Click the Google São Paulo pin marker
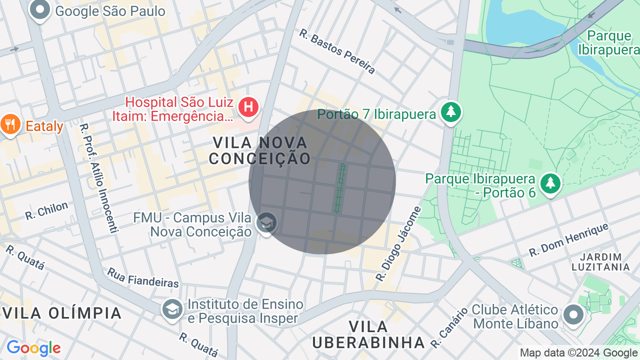pyautogui.click(x=39, y=9)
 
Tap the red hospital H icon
pyautogui.click(x=248, y=107)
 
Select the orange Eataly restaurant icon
pyautogui.click(x=9, y=124)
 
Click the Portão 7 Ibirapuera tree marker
pyautogui.click(x=451, y=111)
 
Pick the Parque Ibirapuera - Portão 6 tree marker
pyautogui.click(x=550, y=183)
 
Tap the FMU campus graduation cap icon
pyautogui.click(x=266, y=223)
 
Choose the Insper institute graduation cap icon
pyautogui.click(x=172, y=309)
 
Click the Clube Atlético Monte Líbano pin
pyautogui.click(x=573, y=315)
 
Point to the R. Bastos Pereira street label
pyautogui.click(x=337, y=51)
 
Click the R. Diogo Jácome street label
pyautogui.click(x=398, y=243)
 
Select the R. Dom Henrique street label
pyautogui.click(x=568, y=239)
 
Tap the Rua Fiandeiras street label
pyautogui.click(x=142, y=277)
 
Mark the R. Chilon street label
pyautogui.click(x=46, y=211)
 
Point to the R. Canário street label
pyautogui.click(x=449, y=327)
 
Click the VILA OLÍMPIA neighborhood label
pyautogui.click(x=62, y=313)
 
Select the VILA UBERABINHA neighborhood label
pyautogui.click(x=368, y=334)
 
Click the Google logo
pyautogui.click(x=33, y=348)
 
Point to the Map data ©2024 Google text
pyautogui.click(x=578, y=353)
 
